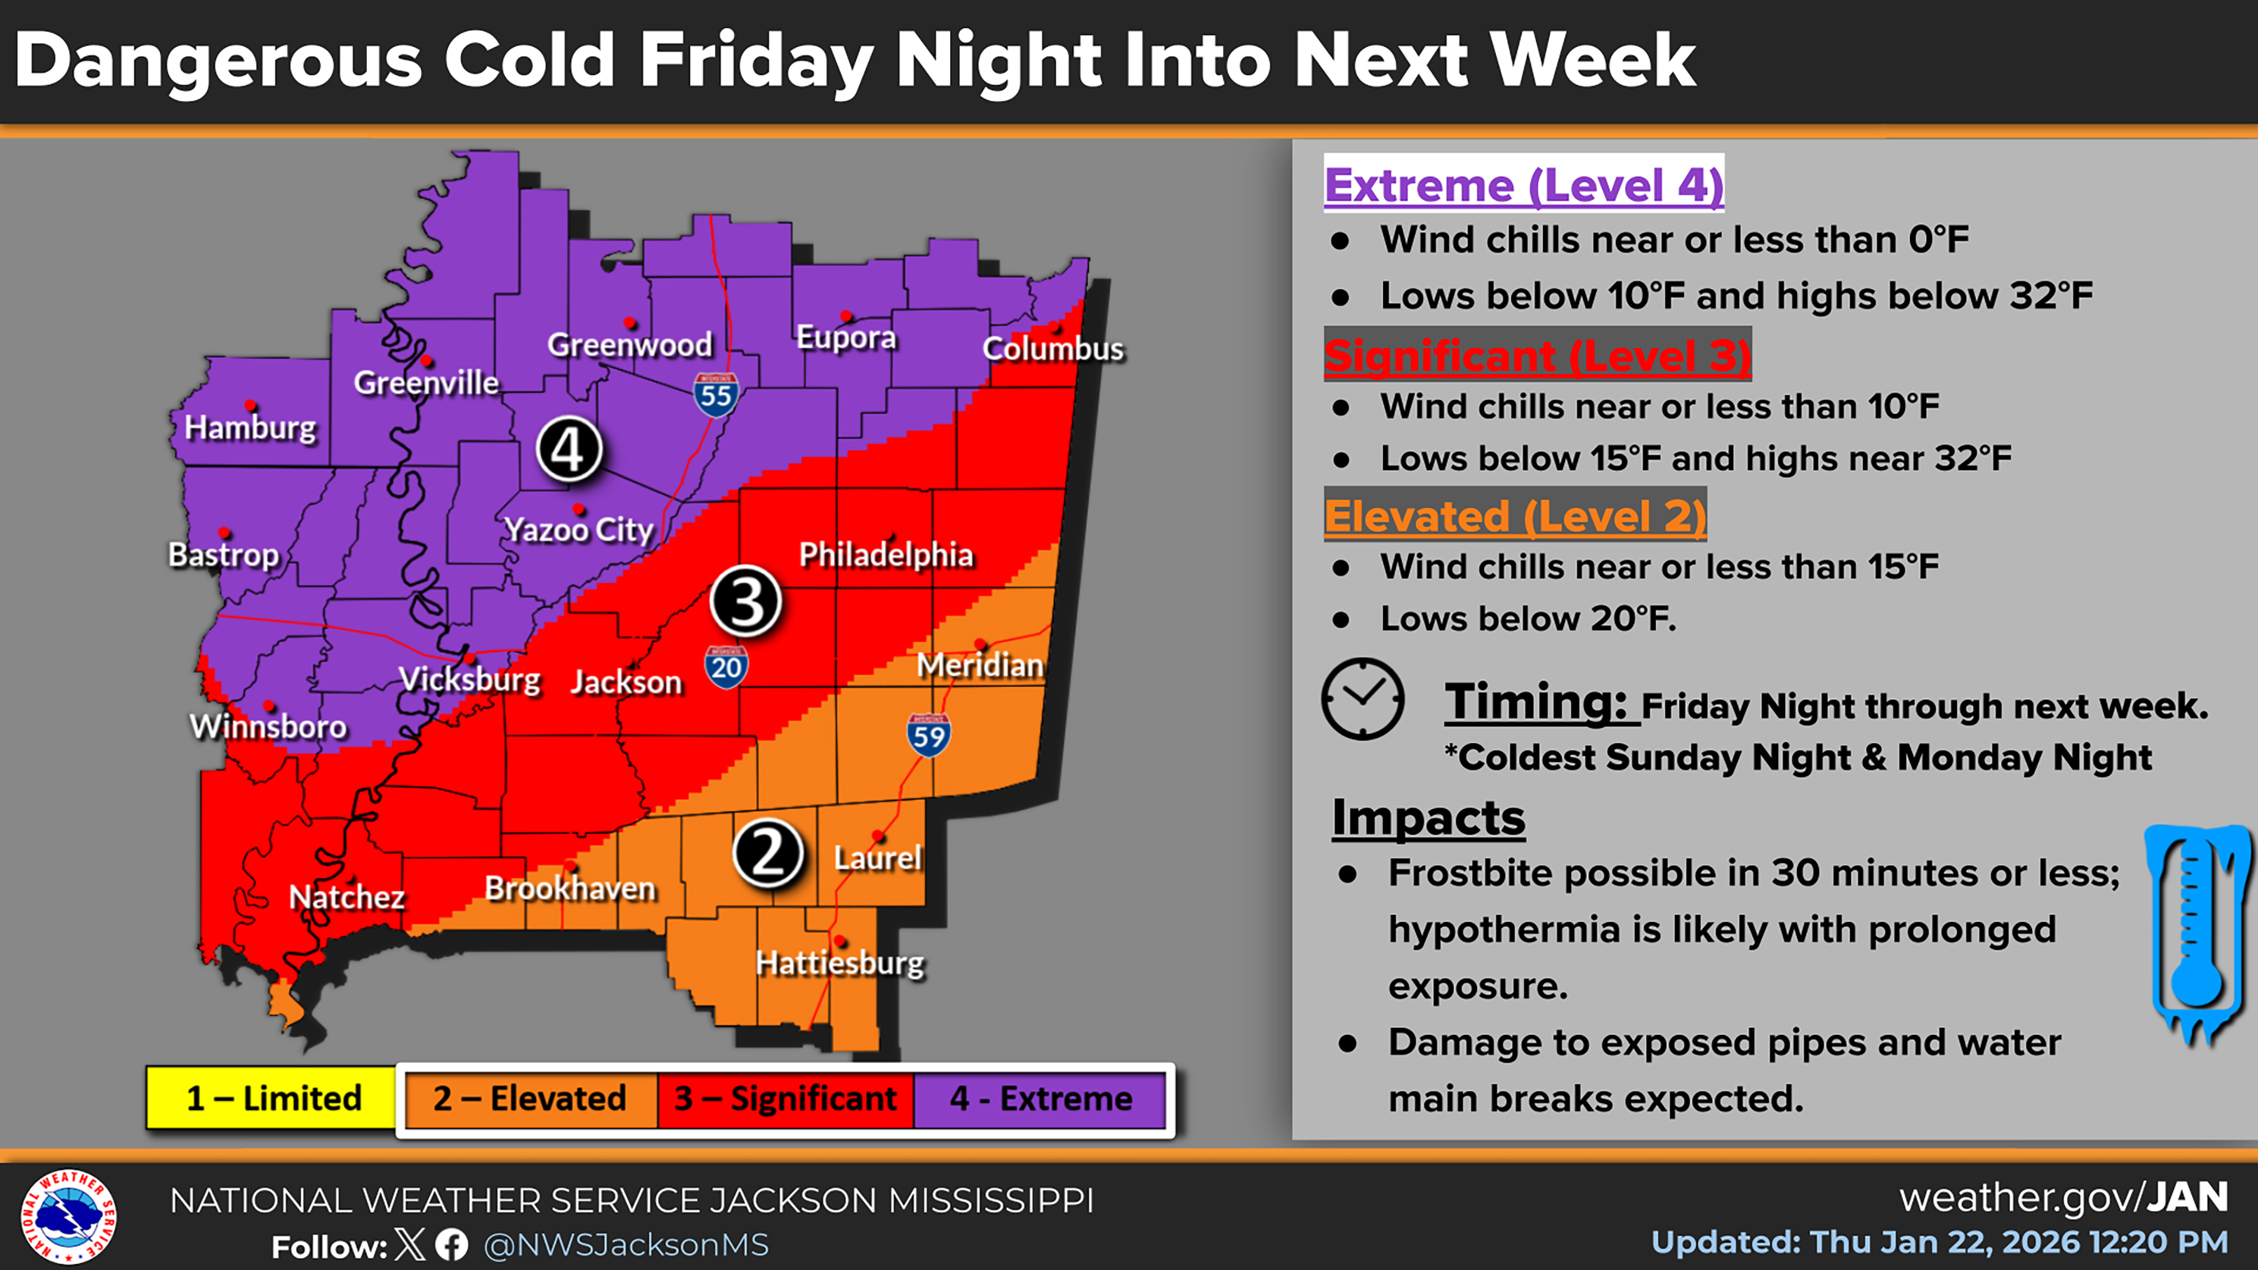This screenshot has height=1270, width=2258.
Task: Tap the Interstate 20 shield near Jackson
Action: coord(726,668)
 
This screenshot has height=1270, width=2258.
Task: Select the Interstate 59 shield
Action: coord(928,736)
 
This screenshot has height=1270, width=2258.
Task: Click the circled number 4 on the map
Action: coord(569,450)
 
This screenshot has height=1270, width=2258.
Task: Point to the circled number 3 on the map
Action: coord(746,601)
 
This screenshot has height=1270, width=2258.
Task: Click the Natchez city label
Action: coord(346,897)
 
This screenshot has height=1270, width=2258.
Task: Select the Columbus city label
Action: coord(1052,349)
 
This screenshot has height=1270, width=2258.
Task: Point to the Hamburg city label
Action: coord(250,428)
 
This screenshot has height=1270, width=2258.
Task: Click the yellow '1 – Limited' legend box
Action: coord(273,1098)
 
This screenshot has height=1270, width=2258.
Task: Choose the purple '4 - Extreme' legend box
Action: coord(1041,1098)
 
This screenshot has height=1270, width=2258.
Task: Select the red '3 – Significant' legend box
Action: coord(785,1098)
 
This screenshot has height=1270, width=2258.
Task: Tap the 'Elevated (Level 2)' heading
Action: coord(1515,516)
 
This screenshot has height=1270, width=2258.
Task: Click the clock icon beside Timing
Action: coord(1362,699)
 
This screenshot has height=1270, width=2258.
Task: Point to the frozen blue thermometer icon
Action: coord(2197,933)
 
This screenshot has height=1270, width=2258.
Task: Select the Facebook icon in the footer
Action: coord(452,1244)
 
